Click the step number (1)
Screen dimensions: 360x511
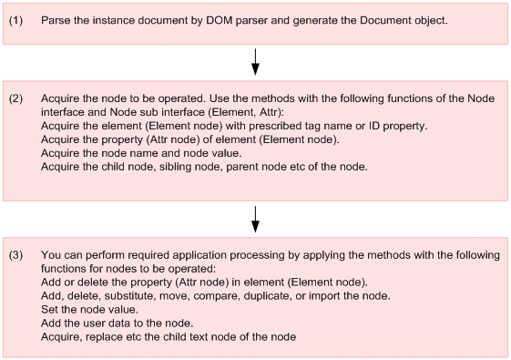[x=16, y=19]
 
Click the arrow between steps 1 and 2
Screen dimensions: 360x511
[x=256, y=61]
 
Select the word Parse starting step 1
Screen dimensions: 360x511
[x=56, y=19]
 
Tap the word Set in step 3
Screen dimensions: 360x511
[x=51, y=311]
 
